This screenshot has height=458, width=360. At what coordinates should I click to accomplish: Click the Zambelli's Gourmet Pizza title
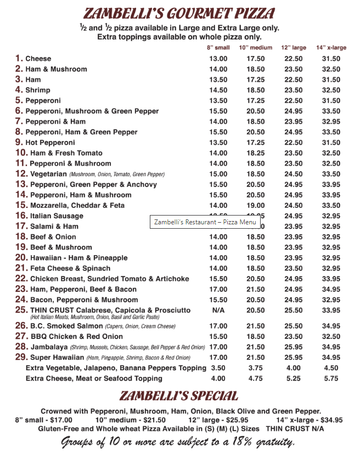(179, 13)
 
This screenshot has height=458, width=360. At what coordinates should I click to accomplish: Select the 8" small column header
(218, 48)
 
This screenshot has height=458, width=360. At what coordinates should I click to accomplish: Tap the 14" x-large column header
(331, 48)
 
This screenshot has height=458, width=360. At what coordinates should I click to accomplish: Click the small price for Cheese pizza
(218, 59)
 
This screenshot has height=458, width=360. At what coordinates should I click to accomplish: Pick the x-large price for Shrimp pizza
(331, 90)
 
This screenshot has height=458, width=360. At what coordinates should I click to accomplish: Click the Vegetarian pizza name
(48, 174)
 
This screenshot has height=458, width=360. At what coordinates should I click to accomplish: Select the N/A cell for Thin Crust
(218, 310)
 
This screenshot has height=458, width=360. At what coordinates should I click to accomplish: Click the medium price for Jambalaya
(255, 347)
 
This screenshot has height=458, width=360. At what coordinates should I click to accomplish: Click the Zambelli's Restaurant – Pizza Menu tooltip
(205, 222)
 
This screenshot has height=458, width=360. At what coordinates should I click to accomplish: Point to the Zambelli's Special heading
(179, 396)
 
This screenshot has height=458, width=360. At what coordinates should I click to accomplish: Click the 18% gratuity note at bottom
(178, 442)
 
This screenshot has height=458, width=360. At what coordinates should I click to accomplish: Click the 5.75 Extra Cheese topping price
(331, 378)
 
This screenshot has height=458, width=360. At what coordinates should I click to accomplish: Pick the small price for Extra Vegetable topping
(218, 368)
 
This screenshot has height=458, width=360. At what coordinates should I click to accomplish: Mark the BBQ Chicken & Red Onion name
(76, 336)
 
